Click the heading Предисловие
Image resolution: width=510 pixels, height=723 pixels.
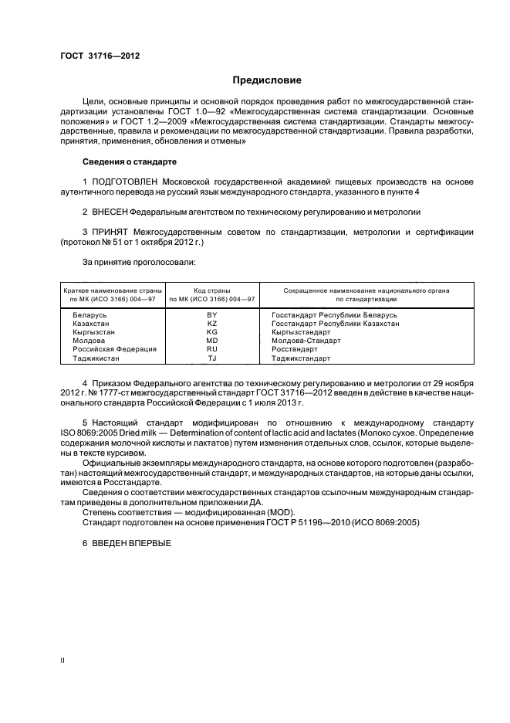(x=268, y=80)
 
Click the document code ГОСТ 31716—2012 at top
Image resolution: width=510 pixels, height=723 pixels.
(x=100, y=56)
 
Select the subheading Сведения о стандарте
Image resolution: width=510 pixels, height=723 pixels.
(x=130, y=162)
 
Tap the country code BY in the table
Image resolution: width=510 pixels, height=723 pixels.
(x=212, y=316)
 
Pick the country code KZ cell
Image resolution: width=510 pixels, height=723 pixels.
(x=212, y=324)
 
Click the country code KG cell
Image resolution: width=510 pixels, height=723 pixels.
(x=212, y=333)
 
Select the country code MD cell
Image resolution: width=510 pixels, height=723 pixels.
(x=212, y=341)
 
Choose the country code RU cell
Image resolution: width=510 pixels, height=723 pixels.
(x=212, y=350)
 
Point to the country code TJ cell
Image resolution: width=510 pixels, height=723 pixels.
(x=212, y=358)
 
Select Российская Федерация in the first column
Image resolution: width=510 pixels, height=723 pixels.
(x=104, y=350)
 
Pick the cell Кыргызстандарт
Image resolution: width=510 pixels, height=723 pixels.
(x=302, y=333)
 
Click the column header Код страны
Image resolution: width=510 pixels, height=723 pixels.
(x=212, y=290)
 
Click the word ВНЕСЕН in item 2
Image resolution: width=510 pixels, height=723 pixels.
(x=110, y=210)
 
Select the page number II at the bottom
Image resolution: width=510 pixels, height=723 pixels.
(x=62, y=660)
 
